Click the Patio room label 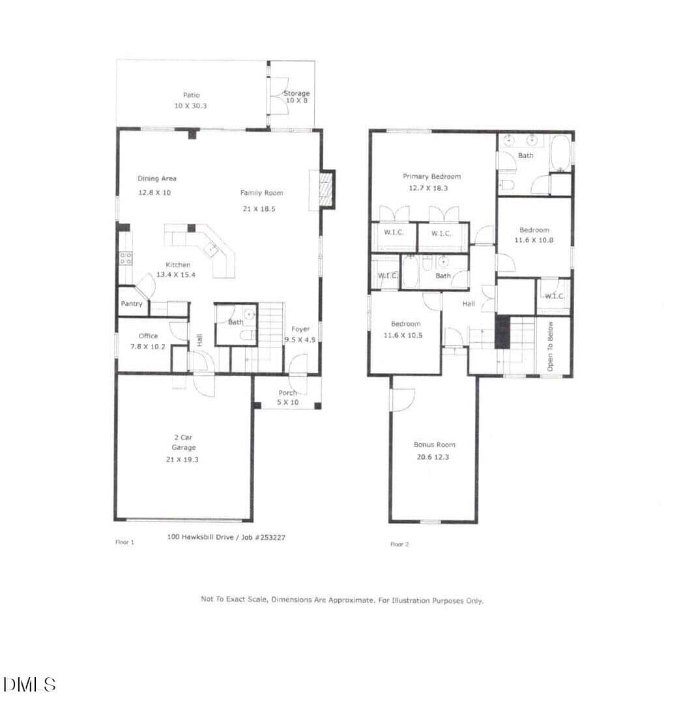click(x=191, y=95)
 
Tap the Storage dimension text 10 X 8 click(x=297, y=100)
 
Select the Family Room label click(x=261, y=193)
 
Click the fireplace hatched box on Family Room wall click(x=326, y=189)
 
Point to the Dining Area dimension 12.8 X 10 click(x=154, y=192)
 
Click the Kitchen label click(x=178, y=265)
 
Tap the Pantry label click(x=132, y=304)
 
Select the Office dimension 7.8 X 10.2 click(x=148, y=347)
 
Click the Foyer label click(x=300, y=329)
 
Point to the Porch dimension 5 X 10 click(x=288, y=402)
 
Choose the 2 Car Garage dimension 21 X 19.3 click(x=182, y=460)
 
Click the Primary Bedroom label click(x=432, y=177)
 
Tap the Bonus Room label click(x=435, y=445)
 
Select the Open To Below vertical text click(x=550, y=346)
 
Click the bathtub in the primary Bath click(x=560, y=153)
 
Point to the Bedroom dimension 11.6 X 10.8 click(x=534, y=240)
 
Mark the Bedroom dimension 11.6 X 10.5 click(x=403, y=335)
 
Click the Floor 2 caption click(x=399, y=544)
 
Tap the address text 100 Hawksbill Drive click(x=200, y=537)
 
